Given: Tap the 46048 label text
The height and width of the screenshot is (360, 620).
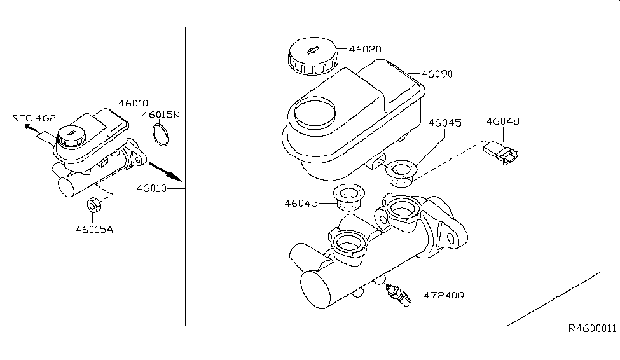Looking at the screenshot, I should pyautogui.click(x=503, y=120).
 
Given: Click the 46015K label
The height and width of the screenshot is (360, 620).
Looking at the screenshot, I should pyautogui.click(x=161, y=115).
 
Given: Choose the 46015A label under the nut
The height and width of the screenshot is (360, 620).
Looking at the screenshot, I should pyautogui.click(x=93, y=228).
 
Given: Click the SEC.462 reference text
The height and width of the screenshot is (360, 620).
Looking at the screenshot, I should pyautogui.click(x=34, y=118).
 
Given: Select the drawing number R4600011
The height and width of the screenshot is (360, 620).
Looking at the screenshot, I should pyautogui.click(x=593, y=328).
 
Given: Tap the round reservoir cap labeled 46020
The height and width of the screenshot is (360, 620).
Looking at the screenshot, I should pyautogui.click(x=311, y=57).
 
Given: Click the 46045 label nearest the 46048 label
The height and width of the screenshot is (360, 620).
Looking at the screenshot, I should pyautogui.click(x=444, y=122).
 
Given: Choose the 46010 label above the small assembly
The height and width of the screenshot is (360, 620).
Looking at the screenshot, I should pyautogui.click(x=132, y=103).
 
